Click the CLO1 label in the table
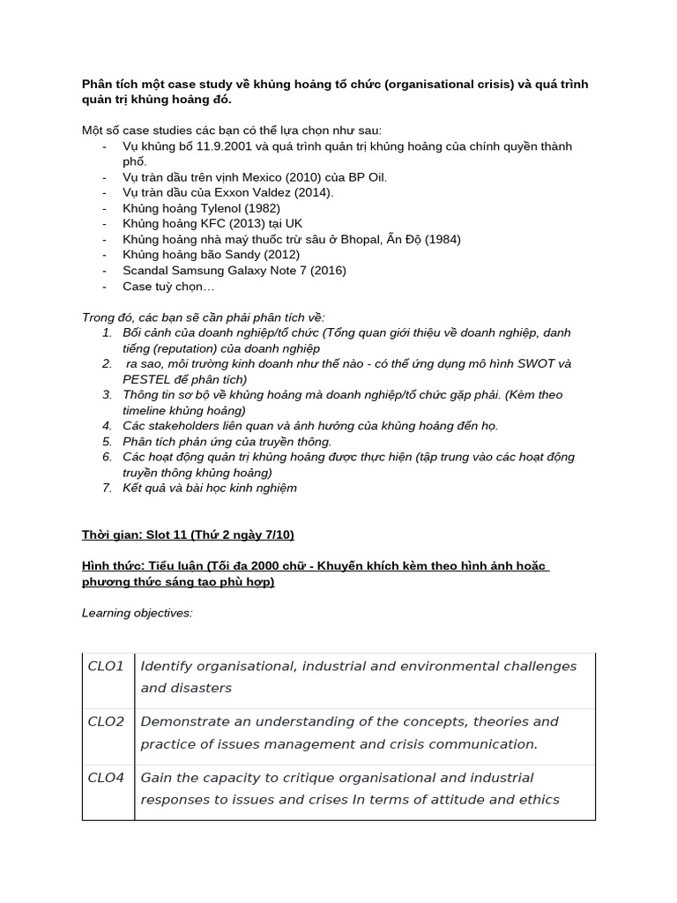(x=106, y=666)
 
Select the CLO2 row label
(x=106, y=721)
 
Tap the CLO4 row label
(x=106, y=778)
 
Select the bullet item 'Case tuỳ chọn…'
(x=167, y=286)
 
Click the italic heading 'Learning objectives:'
(x=137, y=613)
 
